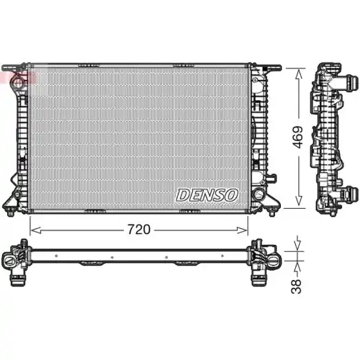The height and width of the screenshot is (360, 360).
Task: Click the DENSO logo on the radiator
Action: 207,194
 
